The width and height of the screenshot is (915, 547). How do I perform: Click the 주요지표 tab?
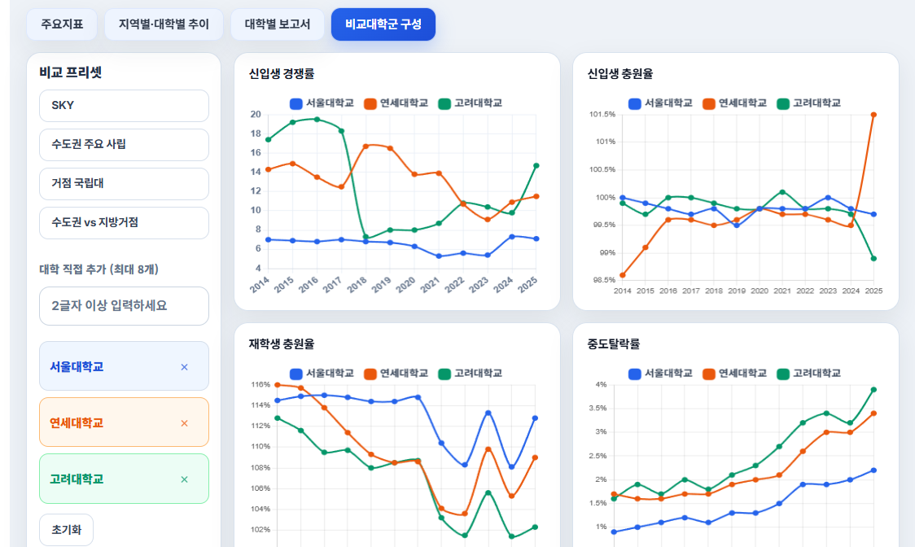pos(62,24)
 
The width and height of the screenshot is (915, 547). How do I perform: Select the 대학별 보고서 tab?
pos(277,24)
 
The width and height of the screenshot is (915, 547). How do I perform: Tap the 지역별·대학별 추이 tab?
pos(164,24)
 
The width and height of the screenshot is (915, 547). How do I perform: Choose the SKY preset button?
pos(124,106)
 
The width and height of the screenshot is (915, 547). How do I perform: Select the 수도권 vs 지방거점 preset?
pos(124,223)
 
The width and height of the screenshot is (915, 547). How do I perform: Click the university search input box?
pos(124,306)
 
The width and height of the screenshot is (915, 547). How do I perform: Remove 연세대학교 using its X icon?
pos(185,423)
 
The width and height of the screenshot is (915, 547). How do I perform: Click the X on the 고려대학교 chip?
pos(185,479)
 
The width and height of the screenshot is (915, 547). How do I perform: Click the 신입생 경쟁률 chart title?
pos(282,73)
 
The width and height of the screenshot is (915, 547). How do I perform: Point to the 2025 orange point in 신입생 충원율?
pos(873,115)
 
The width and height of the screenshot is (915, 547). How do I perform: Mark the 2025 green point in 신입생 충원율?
pos(873,259)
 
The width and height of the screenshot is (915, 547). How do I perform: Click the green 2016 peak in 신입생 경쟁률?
pos(317,120)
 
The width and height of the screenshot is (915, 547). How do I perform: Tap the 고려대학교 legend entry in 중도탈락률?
pos(809,374)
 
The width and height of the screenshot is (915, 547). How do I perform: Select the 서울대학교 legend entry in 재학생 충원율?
pos(322,374)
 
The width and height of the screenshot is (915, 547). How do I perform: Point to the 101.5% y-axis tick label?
pos(602,115)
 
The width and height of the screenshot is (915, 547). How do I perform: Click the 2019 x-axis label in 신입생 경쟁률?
pos(382,284)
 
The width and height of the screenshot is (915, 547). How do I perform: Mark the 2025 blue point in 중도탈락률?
pos(873,470)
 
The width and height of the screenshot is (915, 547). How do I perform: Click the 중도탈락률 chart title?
pos(614,344)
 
